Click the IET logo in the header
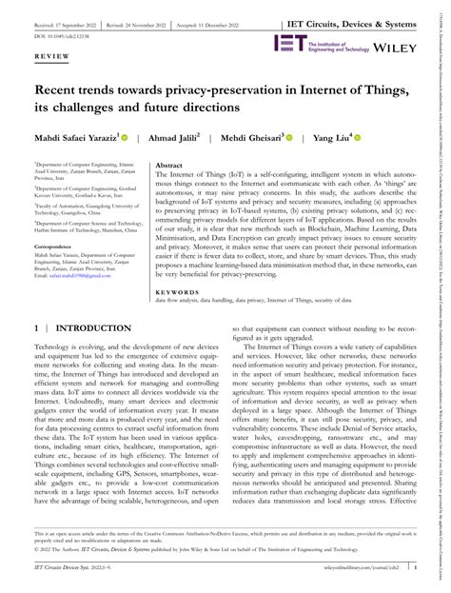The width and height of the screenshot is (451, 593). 289,43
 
